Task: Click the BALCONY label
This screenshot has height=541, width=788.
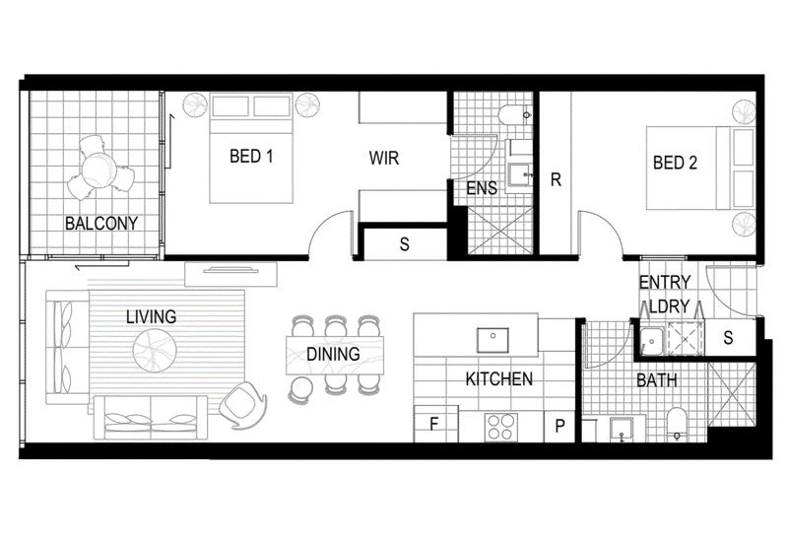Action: click(101, 224)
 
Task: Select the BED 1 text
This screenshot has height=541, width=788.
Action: click(251, 157)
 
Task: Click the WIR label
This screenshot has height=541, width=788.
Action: click(384, 158)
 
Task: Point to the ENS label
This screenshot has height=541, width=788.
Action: click(482, 188)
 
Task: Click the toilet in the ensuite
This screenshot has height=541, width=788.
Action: click(513, 114)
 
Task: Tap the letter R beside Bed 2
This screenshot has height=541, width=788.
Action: click(556, 179)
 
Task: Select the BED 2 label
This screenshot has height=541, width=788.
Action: click(675, 163)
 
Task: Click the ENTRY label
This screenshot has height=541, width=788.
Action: click(664, 282)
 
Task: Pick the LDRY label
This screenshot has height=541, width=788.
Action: click(669, 306)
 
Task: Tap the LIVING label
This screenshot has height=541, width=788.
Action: click(152, 316)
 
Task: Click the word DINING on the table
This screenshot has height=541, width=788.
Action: click(333, 354)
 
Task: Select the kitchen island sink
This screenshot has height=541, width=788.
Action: click(492, 340)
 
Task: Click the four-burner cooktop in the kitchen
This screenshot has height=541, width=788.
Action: click(501, 427)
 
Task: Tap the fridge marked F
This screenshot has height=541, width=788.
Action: click(434, 424)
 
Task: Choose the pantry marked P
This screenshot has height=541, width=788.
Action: click(559, 427)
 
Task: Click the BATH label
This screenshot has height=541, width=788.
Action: click(657, 380)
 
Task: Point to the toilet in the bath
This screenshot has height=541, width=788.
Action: click(677, 425)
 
